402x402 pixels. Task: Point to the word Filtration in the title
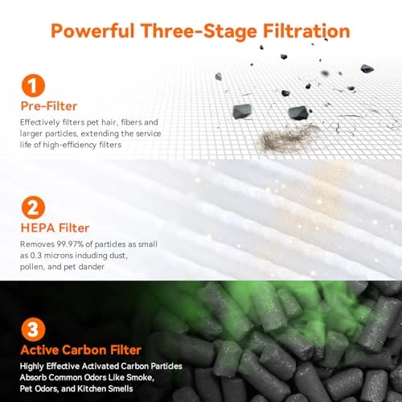point(306,31)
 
